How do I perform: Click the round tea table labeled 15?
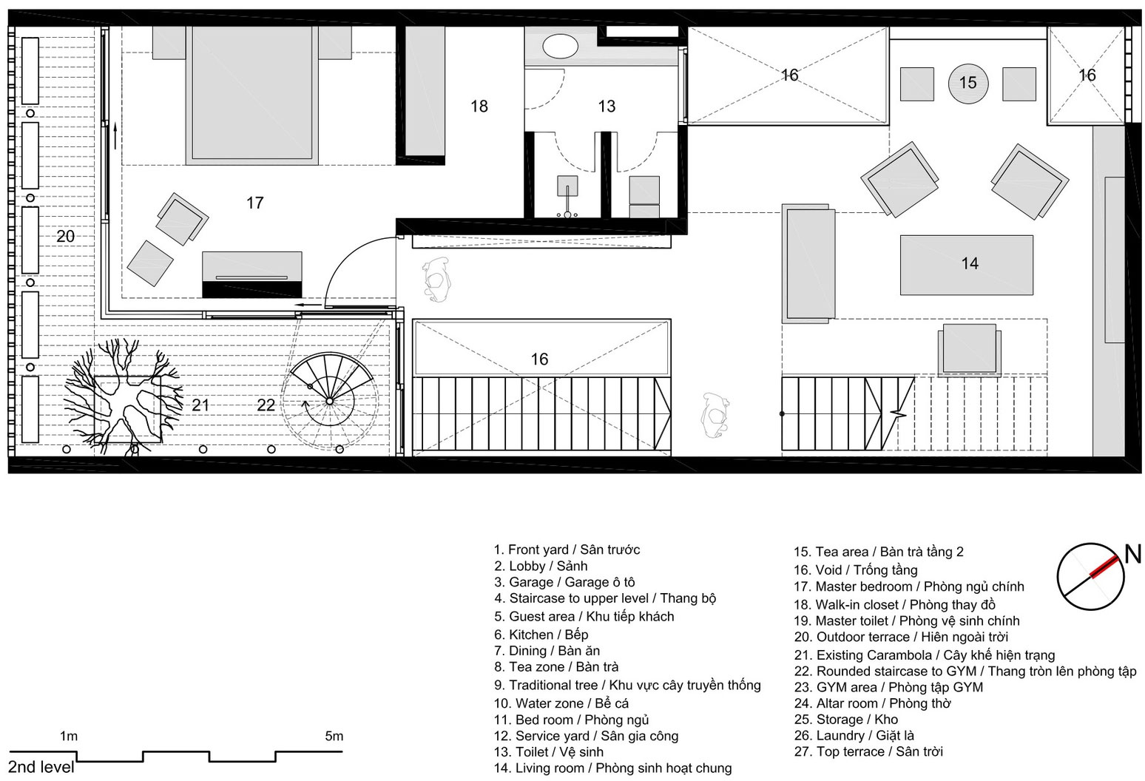(967, 83)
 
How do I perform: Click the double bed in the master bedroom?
(252, 95)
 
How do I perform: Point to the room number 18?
(479, 106)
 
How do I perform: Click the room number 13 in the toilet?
(607, 106)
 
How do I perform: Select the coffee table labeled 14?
(967, 265)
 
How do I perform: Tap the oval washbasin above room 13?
(560, 47)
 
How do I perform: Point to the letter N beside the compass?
(1132, 554)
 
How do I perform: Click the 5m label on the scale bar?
(334, 736)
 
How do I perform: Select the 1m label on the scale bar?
(69, 736)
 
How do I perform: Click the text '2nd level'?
(41, 767)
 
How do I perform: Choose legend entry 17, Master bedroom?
(909, 586)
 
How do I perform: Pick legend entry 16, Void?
(856, 570)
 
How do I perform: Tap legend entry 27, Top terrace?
(868, 751)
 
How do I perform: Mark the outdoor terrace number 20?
(65, 236)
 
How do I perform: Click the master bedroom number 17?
(255, 203)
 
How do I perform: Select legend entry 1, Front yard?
(567, 550)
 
